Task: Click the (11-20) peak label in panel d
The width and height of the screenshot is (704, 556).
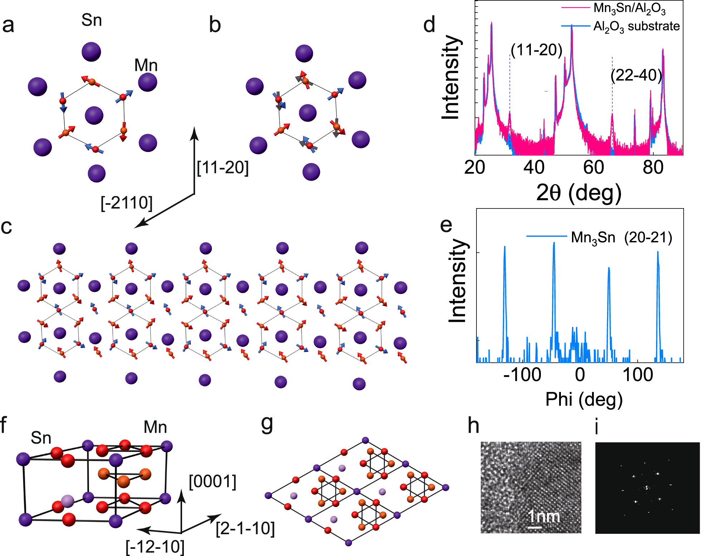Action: (536, 50)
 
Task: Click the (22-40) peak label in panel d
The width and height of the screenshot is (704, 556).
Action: (636, 75)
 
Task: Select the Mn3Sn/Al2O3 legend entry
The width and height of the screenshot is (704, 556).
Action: (629, 9)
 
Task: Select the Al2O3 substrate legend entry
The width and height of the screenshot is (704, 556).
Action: (636, 26)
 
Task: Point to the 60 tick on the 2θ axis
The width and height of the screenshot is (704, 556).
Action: (593, 167)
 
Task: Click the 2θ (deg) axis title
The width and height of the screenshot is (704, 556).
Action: (579, 193)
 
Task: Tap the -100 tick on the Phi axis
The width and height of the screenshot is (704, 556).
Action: (522, 375)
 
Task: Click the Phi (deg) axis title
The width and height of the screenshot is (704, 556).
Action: (584, 399)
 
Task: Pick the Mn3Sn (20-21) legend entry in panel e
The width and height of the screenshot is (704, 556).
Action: (621, 237)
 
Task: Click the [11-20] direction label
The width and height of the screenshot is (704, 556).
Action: (223, 167)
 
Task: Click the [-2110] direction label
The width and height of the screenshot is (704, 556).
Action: (127, 203)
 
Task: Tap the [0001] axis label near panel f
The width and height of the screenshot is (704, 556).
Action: (212, 482)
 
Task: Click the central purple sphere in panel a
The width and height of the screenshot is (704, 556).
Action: (94, 115)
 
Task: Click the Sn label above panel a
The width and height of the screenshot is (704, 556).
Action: (92, 20)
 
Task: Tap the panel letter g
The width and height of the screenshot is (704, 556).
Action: (267, 424)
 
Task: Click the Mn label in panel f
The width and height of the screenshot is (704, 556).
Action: (155, 427)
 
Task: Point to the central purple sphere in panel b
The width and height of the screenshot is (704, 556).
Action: (308, 113)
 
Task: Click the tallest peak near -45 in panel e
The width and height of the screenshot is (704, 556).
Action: (554, 244)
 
